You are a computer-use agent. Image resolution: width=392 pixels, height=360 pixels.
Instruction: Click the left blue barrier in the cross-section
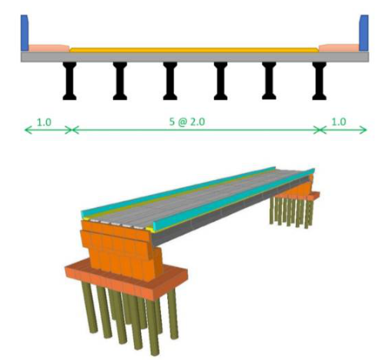(25, 32)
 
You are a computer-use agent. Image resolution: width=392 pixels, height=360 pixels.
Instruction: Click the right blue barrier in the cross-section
(365, 32)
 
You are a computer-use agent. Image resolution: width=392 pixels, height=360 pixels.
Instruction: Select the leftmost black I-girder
(71, 81)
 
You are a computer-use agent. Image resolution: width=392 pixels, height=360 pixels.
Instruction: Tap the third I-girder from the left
(170, 81)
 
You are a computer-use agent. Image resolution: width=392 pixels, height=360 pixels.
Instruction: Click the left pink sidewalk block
(47, 48)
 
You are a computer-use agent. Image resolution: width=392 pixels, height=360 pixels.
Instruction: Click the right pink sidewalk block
(340, 48)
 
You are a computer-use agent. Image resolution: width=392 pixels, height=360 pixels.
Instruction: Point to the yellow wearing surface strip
(193, 49)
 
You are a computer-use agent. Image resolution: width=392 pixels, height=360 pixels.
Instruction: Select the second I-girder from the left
(120, 81)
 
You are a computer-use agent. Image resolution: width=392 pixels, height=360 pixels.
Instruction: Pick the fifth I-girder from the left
(269, 81)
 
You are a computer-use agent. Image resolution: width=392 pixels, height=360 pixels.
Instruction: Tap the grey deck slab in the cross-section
(193, 56)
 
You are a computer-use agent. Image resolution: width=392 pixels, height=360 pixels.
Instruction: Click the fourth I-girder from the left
(219, 81)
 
